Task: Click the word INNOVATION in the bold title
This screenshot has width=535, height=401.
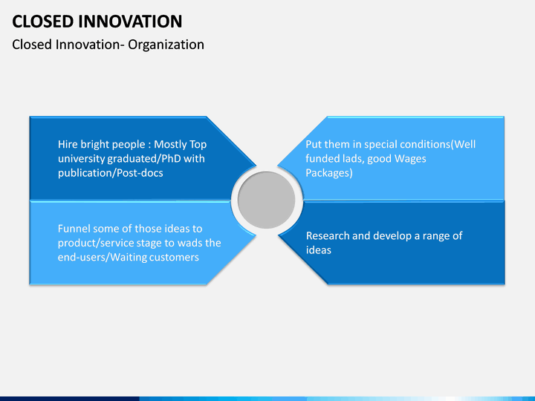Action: click(130, 22)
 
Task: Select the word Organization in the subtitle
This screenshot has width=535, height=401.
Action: click(166, 45)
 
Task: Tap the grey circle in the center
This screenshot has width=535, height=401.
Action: click(267, 200)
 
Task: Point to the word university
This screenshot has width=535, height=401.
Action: click(81, 159)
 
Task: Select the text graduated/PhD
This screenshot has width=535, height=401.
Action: click(144, 159)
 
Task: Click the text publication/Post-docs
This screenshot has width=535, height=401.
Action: click(111, 173)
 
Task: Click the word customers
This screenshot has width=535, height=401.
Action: click(174, 258)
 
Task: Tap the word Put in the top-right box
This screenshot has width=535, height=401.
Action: click(314, 144)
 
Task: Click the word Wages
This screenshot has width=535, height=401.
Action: click(410, 159)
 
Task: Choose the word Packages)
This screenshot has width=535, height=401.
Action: click(329, 173)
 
